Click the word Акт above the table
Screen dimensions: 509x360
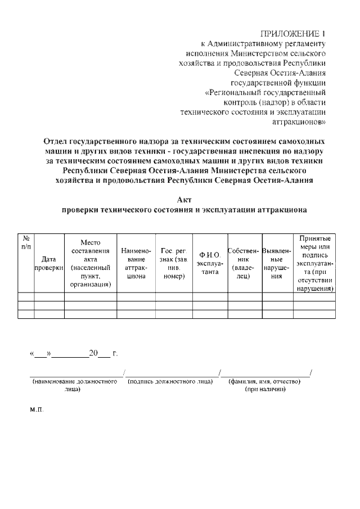[184, 200]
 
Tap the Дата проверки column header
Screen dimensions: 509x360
[49, 263]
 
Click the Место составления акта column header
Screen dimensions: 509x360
[90, 263]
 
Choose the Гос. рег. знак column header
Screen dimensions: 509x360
[173, 263]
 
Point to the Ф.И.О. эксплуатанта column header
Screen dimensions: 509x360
[209, 263]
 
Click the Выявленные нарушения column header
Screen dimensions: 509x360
[276, 263]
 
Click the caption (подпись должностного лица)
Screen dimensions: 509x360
[170, 382]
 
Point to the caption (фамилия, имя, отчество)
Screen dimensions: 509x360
[264, 382]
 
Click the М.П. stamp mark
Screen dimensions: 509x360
[36, 411]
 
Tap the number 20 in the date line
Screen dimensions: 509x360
[93, 354]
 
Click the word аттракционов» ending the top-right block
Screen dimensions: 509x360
[299, 121]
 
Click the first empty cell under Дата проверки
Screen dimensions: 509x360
[49, 297]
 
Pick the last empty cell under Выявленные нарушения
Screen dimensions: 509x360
[276, 314]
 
